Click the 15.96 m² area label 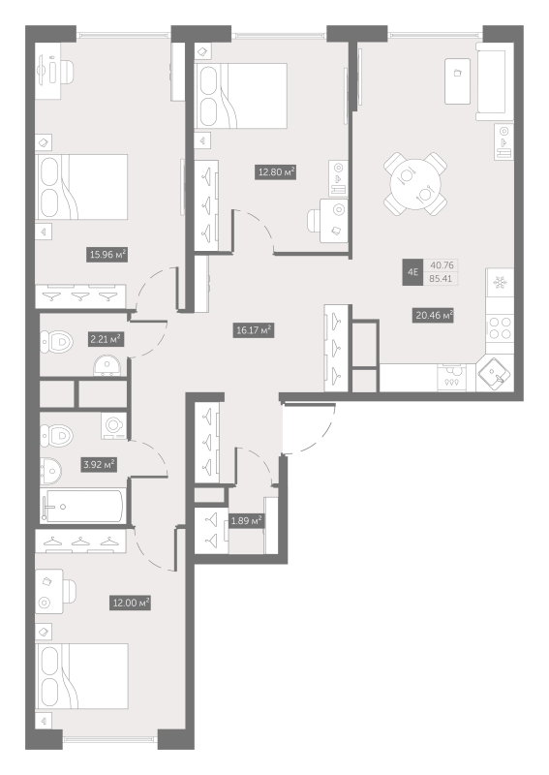pos(107,255)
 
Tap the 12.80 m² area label pos(276,172)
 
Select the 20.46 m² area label pos(434,315)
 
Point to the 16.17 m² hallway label pos(254,330)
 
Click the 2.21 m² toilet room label pos(106,340)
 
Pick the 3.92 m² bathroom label pos(99,465)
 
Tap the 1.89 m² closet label pos(246,520)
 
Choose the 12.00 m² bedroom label pos(130,603)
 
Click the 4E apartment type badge pos(413,272)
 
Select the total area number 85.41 pos(441,279)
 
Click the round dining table pos(415,184)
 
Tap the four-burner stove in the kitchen pos(500,327)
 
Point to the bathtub pos(82,506)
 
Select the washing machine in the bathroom pos(114,425)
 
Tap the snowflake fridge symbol pos(500,283)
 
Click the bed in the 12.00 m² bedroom pos(81,676)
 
